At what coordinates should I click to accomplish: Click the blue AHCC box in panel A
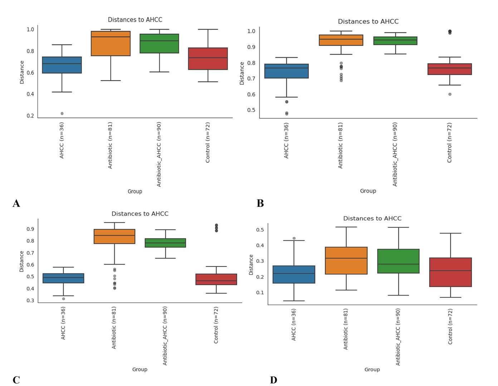pyautogui.click(x=62, y=65)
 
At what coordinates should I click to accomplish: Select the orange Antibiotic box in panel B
pyautogui.click(x=341, y=40)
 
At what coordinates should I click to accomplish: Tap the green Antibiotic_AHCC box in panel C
pyautogui.click(x=165, y=243)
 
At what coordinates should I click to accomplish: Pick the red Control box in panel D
pyautogui.click(x=450, y=272)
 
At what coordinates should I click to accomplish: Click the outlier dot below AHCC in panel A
pyautogui.click(x=62, y=113)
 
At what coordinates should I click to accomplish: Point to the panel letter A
pyautogui.click(x=16, y=203)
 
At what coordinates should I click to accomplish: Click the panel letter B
pyautogui.click(x=260, y=203)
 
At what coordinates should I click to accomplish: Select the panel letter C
pyautogui.click(x=16, y=380)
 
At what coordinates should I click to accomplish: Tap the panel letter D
pyautogui.click(x=273, y=380)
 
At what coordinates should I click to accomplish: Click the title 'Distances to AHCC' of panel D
pyautogui.click(x=372, y=218)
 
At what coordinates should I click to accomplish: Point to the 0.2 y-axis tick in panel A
pyautogui.click(x=30, y=116)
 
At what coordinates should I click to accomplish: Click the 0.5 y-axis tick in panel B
pyautogui.click(x=251, y=110)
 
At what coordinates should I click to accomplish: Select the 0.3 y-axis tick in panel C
pyautogui.click(x=30, y=301)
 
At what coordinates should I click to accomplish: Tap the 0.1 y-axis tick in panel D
pyautogui.click(x=260, y=293)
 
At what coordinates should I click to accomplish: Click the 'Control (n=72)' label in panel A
pyautogui.click(x=208, y=143)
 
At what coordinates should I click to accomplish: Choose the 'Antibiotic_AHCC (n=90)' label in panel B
pyautogui.click(x=395, y=154)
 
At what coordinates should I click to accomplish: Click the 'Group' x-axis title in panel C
pyautogui.click(x=140, y=369)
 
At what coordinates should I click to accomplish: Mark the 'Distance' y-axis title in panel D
pyautogui.click(x=251, y=264)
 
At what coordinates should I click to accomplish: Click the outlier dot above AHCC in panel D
pyautogui.click(x=294, y=238)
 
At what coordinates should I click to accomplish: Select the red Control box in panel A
pyautogui.click(x=208, y=59)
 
